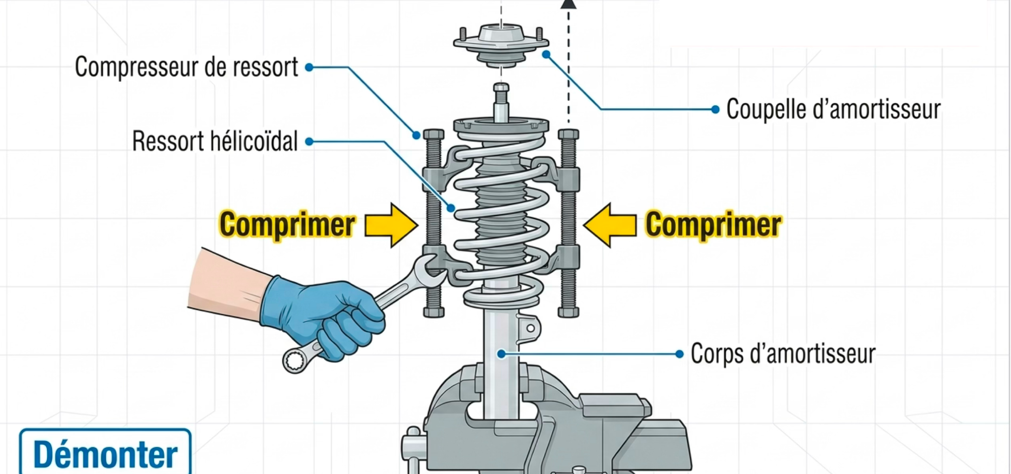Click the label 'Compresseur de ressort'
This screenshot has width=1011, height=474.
[x=186, y=67]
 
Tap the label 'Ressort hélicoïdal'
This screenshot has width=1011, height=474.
[x=214, y=141]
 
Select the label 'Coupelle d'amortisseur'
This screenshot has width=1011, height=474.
[x=833, y=109]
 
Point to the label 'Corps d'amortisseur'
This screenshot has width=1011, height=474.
[x=783, y=354]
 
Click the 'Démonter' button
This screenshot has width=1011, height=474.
[x=105, y=451]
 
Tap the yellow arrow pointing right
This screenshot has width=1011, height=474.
[x=391, y=225]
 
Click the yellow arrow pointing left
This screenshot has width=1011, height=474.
[x=610, y=225]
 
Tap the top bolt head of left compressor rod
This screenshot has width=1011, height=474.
[x=434, y=134]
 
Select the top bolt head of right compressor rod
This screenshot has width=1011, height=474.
[x=569, y=134]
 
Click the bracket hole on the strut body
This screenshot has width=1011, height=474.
[x=531, y=328]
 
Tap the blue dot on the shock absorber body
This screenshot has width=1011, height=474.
[x=501, y=354]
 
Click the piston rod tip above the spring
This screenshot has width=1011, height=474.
[x=501, y=88]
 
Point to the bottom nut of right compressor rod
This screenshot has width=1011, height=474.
[x=569, y=312]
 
